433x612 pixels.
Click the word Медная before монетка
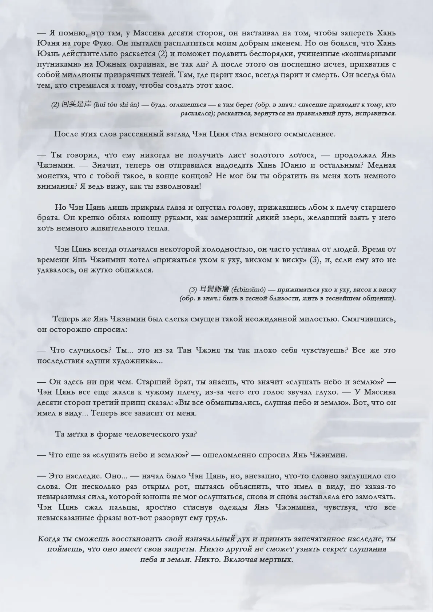pyautogui.click(x=382, y=165)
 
